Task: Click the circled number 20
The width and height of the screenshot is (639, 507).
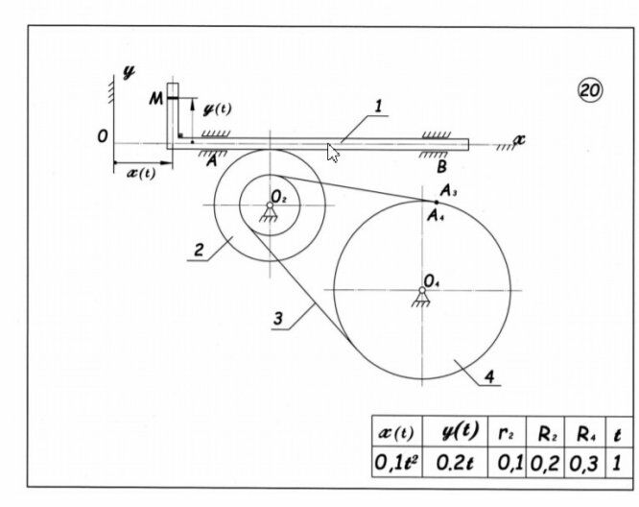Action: (x=590, y=89)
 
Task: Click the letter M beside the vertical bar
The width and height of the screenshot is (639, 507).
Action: (x=155, y=98)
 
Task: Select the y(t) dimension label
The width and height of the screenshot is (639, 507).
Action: (x=217, y=109)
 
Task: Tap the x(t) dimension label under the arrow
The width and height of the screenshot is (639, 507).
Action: (x=141, y=174)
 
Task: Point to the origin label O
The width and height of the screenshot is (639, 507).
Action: (x=103, y=136)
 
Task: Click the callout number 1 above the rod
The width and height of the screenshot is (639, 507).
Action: (x=379, y=106)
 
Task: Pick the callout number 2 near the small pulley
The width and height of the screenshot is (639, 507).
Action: (x=199, y=250)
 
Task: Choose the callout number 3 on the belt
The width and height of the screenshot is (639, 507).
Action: (x=278, y=318)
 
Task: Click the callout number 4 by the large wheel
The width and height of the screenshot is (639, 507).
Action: (x=490, y=376)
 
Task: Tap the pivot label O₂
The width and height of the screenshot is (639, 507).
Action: (x=279, y=198)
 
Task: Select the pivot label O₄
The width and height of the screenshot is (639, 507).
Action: (x=431, y=281)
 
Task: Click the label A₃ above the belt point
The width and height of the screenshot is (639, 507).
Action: (x=448, y=190)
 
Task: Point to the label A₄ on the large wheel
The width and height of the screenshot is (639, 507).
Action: (x=436, y=215)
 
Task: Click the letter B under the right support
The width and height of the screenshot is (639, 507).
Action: (x=441, y=167)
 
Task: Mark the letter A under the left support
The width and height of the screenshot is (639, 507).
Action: (x=211, y=161)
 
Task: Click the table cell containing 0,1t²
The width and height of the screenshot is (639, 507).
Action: (x=397, y=462)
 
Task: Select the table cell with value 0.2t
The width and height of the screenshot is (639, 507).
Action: (x=455, y=462)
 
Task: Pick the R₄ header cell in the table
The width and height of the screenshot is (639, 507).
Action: (x=585, y=432)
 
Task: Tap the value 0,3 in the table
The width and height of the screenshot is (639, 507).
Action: (x=585, y=463)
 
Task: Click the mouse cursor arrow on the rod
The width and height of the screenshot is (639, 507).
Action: (x=333, y=153)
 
